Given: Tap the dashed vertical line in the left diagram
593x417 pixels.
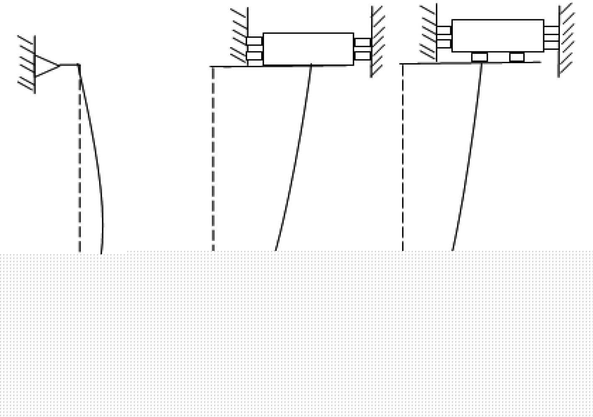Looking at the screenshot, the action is pos(80,167).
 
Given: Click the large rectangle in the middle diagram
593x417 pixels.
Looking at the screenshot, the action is pos(308,49).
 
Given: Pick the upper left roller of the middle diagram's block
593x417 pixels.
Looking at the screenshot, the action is pos(254,41).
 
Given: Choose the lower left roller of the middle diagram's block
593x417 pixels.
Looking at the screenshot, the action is pos(254,56).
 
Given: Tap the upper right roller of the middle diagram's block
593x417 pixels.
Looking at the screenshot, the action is pos(362,42).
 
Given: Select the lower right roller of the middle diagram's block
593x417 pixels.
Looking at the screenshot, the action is pos(362,56).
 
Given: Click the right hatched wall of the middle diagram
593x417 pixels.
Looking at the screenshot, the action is pos(376,42).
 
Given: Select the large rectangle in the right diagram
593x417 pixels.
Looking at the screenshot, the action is pos(498,36).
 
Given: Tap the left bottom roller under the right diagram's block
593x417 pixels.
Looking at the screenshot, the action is pos(480,56).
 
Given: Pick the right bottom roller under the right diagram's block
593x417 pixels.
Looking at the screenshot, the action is pos(517,56).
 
